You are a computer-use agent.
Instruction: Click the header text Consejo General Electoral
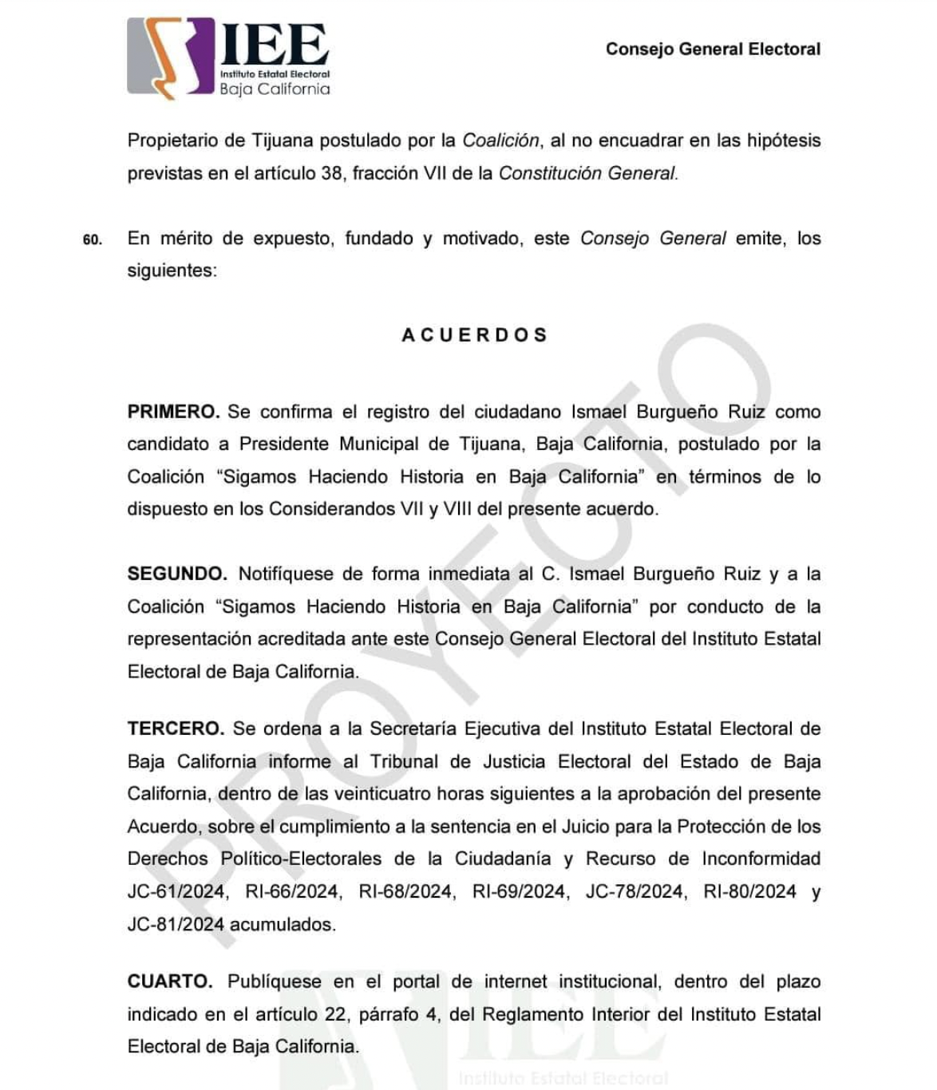(x=713, y=49)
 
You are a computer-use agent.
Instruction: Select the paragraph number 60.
(x=93, y=240)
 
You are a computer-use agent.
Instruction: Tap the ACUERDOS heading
(x=474, y=335)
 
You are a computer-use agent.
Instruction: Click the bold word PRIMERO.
(x=173, y=413)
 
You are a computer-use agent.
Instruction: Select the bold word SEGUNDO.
(x=177, y=575)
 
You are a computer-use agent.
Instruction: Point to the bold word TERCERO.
(x=176, y=729)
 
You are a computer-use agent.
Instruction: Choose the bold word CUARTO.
(x=170, y=982)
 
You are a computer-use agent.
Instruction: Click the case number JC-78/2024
(x=635, y=892)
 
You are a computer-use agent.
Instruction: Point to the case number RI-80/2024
(x=749, y=892)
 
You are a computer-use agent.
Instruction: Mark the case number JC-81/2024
(x=176, y=925)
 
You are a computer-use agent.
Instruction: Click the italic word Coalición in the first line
(x=501, y=141)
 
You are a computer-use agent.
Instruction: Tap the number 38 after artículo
(x=331, y=174)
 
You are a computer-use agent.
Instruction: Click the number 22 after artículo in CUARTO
(x=338, y=1015)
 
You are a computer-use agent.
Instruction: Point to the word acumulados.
(x=283, y=925)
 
